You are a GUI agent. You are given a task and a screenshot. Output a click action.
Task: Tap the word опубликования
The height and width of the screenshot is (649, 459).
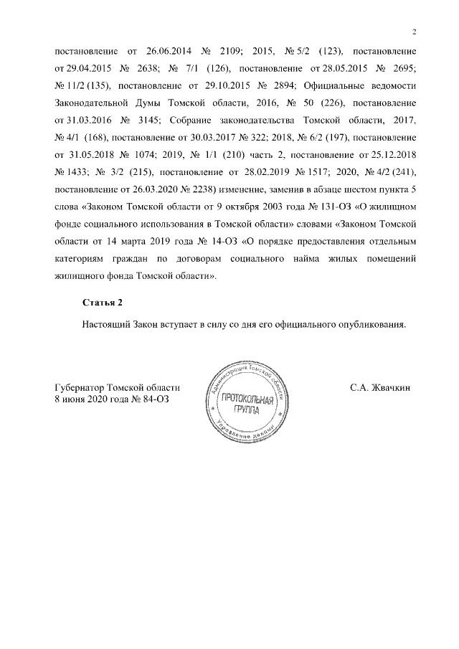click(371, 323)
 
